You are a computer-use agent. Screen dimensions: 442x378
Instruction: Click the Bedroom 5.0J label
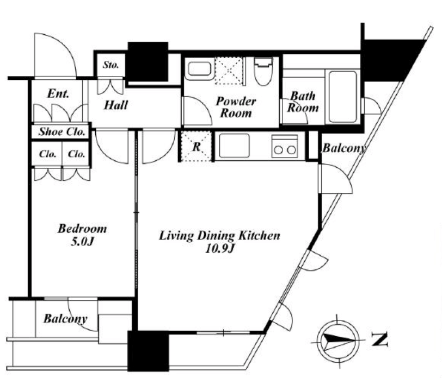pyautogui.click(x=82, y=235)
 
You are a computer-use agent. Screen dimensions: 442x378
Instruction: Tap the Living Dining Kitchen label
pyautogui.click(x=219, y=236)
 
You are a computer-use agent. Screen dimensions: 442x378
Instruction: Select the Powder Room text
pyautogui.click(x=236, y=107)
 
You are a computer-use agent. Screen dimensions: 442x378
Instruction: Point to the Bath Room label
pyautogui.click(x=303, y=102)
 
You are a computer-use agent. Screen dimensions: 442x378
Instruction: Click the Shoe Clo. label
pyautogui.click(x=62, y=131)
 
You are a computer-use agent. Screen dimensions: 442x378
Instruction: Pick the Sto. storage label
pyautogui.click(x=110, y=65)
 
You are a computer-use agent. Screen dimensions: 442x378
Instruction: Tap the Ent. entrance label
pyautogui.click(x=58, y=93)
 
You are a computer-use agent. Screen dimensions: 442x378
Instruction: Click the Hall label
pyautogui.click(x=116, y=105)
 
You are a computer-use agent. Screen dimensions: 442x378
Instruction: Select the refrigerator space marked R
pyautogui.click(x=196, y=147)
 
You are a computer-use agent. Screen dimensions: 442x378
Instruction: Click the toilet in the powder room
pyautogui.click(x=263, y=72)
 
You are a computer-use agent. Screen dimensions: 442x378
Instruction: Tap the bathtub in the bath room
pyautogui.click(x=343, y=97)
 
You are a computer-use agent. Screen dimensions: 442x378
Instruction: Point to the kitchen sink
pyautogui.click(x=234, y=146)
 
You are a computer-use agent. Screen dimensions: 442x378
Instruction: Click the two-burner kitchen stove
pyautogui.click(x=285, y=146)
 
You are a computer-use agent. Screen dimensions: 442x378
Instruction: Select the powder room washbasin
pyautogui.click(x=199, y=69)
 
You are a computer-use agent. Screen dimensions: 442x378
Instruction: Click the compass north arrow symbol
pyautogui.click(x=338, y=341)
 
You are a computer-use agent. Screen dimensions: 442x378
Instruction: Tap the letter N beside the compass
pyautogui.click(x=379, y=339)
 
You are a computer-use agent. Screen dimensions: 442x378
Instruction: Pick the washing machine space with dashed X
pyautogui.click(x=229, y=71)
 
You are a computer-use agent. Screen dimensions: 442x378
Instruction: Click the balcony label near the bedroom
pyautogui.click(x=65, y=319)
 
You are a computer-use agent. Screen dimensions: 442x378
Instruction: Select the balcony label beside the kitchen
pyautogui.click(x=345, y=148)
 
